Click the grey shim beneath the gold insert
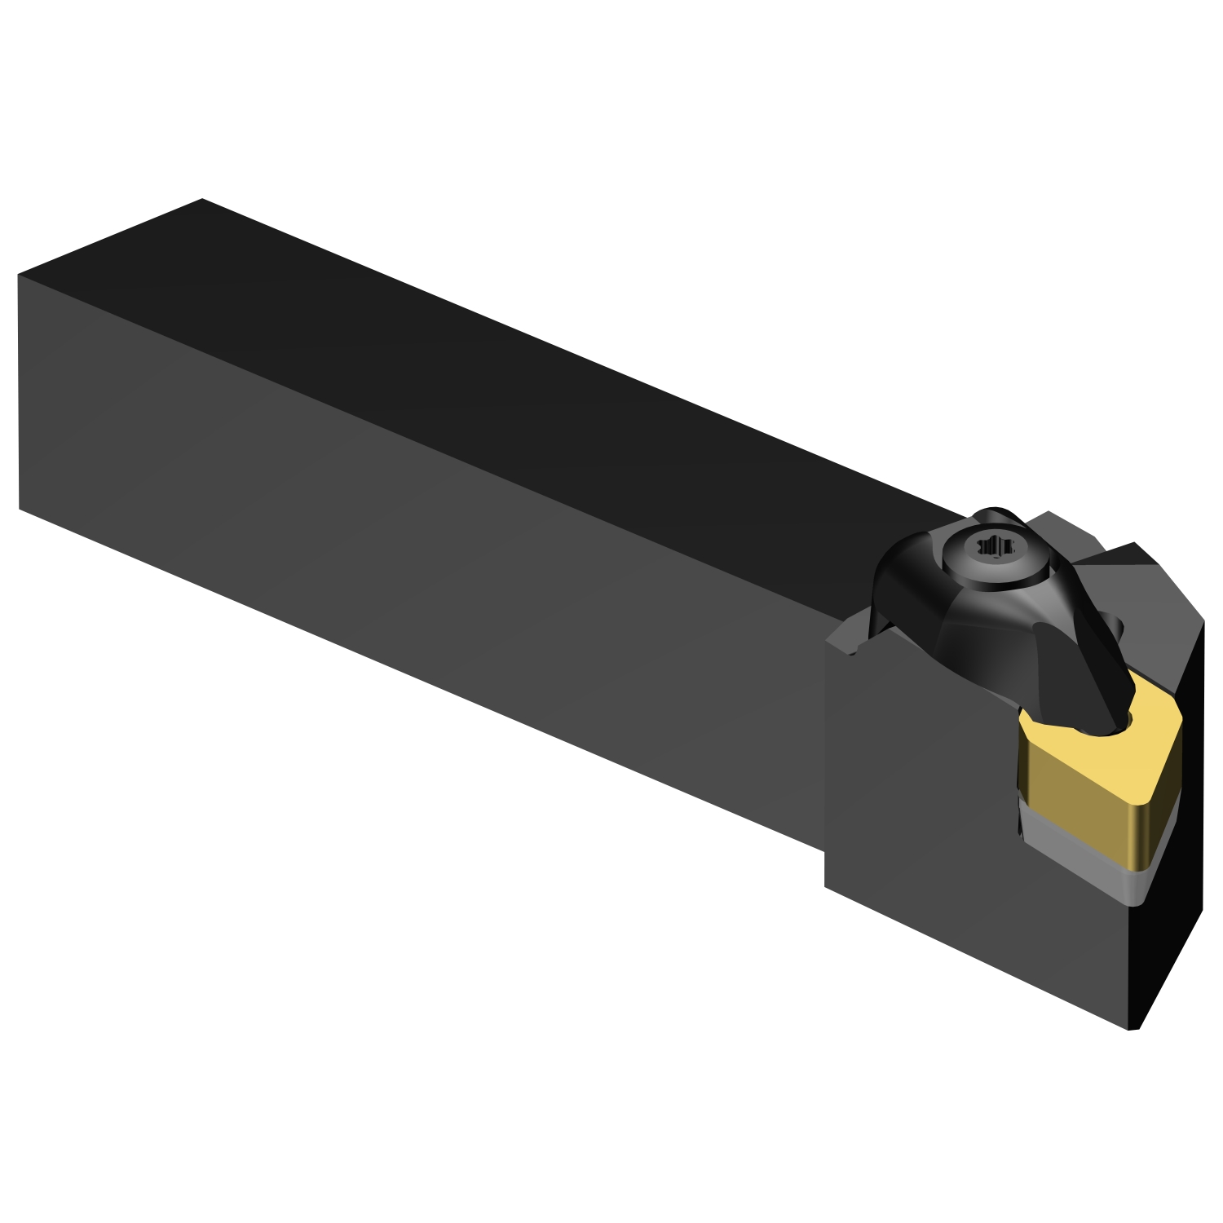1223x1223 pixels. tap(1084, 864)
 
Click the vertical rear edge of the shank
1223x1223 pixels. tap(18, 391)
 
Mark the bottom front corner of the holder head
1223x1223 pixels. tap(1133, 1029)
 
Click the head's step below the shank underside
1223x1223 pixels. tap(825, 868)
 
